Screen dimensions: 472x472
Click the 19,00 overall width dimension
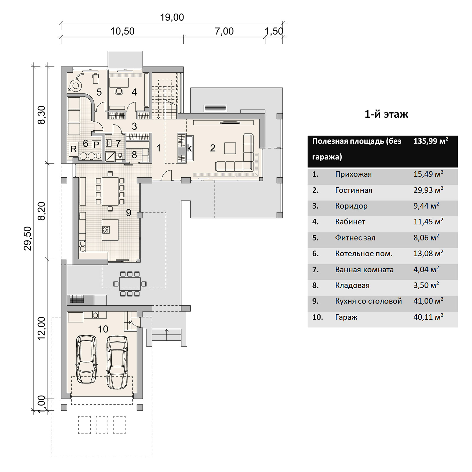point(172,17)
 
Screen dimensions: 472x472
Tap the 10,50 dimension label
point(122,31)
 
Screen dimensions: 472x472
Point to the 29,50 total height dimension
point(27,238)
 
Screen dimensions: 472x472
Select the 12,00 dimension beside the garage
point(42,328)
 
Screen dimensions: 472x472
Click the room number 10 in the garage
point(103,329)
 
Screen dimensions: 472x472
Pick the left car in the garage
point(86,359)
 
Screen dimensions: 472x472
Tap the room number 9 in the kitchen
point(129,212)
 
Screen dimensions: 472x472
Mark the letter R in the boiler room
point(73,149)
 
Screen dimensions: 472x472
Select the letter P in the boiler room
point(96,145)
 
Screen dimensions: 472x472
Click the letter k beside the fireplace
point(189,148)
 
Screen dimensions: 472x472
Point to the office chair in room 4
point(119,92)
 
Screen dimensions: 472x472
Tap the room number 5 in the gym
point(99,92)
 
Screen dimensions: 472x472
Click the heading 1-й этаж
point(386,114)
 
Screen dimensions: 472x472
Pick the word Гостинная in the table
point(353,190)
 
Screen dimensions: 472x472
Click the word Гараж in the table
point(346,317)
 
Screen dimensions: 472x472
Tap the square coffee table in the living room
point(230,148)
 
